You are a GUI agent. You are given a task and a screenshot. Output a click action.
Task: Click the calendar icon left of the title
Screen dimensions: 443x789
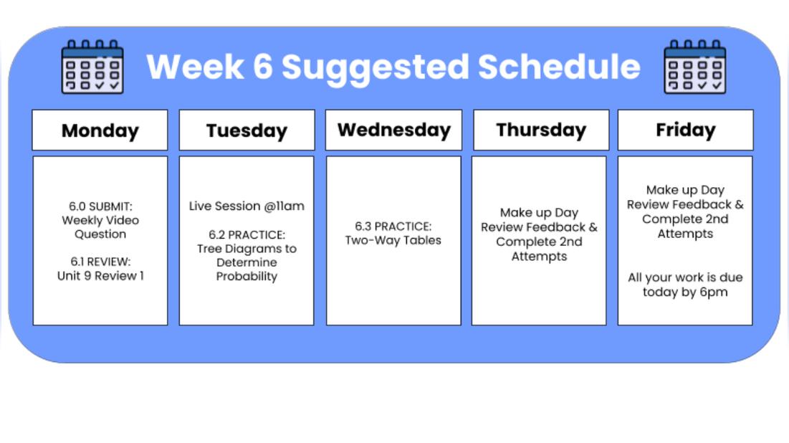(92, 67)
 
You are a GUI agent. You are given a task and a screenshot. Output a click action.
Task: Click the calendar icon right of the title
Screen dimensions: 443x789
(694, 67)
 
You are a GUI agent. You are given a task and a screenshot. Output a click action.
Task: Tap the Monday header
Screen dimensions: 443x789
(100, 130)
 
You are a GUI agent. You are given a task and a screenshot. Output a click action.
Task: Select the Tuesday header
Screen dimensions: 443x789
(247, 130)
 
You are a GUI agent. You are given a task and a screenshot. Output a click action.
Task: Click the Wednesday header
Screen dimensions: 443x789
(393, 130)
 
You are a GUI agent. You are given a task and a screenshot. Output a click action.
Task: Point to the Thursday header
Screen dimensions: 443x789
(541, 130)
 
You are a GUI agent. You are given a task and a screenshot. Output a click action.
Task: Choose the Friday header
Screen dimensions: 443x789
(685, 130)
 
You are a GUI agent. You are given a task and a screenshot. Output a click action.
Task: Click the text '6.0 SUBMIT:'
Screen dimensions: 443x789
(100, 206)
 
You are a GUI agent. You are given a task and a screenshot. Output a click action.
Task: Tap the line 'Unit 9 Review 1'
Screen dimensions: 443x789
(100, 276)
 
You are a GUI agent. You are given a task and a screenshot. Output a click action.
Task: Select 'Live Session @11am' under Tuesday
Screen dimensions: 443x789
(247, 206)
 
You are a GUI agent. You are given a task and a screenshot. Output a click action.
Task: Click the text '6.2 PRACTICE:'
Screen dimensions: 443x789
(247, 235)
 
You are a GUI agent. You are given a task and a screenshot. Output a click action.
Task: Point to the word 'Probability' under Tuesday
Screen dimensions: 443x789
(247, 277)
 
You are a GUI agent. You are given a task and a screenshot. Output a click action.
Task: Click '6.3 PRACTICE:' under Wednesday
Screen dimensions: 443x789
(393, 227)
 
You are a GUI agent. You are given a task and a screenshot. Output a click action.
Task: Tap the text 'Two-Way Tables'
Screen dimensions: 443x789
(393, 240)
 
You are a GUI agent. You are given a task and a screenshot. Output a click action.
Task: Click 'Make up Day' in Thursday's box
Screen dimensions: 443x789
(539, 213)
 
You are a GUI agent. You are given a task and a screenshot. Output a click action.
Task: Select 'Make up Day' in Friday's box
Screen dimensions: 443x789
(685, 190)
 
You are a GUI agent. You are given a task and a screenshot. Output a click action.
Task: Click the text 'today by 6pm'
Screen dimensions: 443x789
(685, 292)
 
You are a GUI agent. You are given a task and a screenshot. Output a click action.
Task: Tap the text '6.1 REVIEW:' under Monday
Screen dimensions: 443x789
(100, 262)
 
